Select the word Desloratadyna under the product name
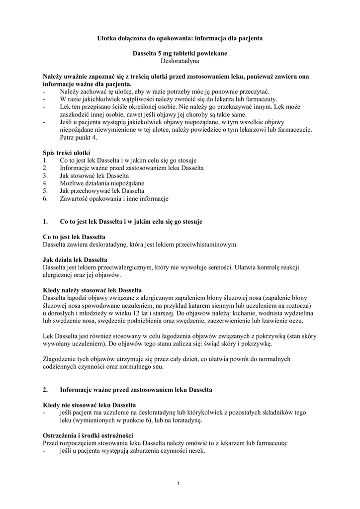(x=180, y=62)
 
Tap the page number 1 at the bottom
(x=180, y=483)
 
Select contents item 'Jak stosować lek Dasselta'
(x=94, y=176)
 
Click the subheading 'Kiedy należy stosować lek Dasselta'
(x=92, y=290)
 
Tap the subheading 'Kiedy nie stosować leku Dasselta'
(x=90, y=405)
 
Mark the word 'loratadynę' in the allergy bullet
(x=184, y=421)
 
